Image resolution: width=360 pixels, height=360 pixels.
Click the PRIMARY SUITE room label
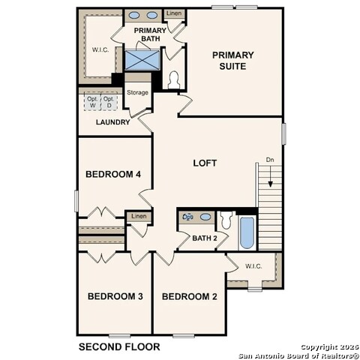point(232,60)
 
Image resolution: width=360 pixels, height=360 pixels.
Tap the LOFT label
point(205,162)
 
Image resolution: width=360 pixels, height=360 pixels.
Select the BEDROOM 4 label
point(113,175)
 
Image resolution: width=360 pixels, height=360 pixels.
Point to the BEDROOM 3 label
point(115,296)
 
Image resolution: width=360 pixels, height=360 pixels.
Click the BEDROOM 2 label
point(190,296)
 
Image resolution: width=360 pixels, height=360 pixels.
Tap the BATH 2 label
point(204,238)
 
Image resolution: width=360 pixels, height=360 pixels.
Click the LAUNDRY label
point(113,122)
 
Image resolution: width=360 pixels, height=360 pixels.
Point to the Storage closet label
point(137,92)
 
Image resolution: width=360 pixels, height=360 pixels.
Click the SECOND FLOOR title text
point(119,346)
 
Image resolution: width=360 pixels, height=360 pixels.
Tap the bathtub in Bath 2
point(247,232)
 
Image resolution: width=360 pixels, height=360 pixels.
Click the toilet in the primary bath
point(173,79)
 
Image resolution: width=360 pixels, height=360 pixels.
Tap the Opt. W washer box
point(92,103)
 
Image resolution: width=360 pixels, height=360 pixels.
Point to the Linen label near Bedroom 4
point(139,216)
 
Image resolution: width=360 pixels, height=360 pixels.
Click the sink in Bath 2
point(190,217)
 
